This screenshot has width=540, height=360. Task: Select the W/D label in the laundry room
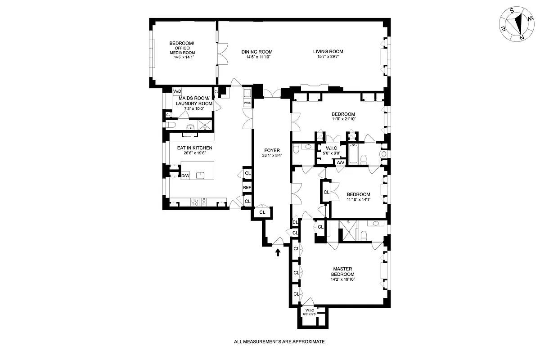pos(177,91)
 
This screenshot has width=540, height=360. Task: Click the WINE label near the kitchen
pos(247,103)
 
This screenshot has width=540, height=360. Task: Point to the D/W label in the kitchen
pos(185,175)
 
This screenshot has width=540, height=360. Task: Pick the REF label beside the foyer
pos(247,188)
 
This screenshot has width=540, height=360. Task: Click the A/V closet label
pos(340,162)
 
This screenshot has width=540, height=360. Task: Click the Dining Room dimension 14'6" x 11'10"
pos(256,57)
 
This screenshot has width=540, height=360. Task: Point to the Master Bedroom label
pos(342,272)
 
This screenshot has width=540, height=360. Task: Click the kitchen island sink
pos(201,175)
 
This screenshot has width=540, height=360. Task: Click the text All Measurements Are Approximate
pos(279,342)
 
